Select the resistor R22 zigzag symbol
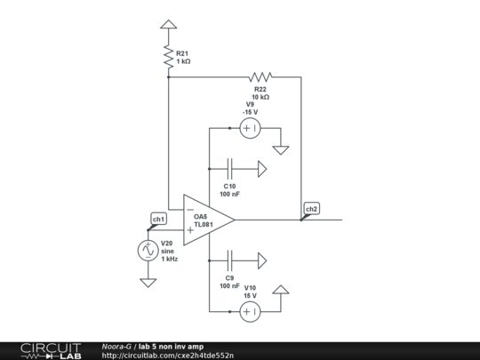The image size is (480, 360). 260,76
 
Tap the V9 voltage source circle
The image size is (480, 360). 250,129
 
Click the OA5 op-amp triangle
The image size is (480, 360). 207,220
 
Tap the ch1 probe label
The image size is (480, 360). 158,219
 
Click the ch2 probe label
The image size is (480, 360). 311,210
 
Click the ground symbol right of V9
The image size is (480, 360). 281,148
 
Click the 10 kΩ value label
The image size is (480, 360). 260,96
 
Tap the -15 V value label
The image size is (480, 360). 251,112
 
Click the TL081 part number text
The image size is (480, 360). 203,225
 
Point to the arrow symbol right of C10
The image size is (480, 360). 263,167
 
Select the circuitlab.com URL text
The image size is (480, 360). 168,355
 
